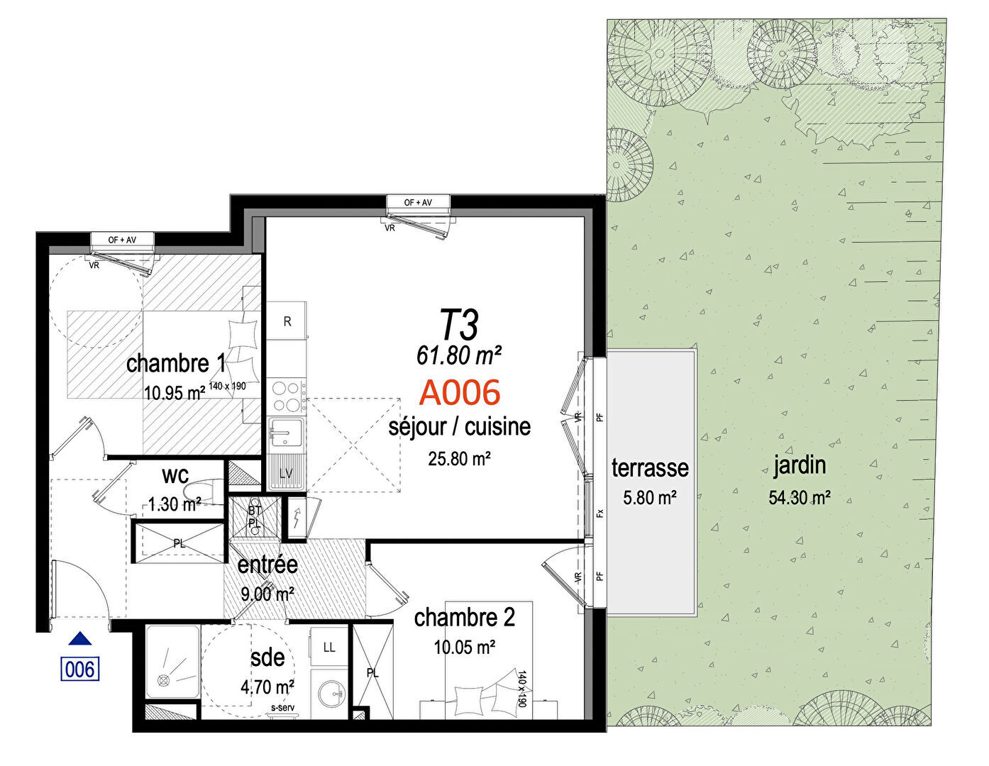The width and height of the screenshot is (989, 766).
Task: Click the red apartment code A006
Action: point(459,392)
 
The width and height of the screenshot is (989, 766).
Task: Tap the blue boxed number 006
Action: point(79,669)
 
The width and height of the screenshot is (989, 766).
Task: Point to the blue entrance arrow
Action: point(80,638)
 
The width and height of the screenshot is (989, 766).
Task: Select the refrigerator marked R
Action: point(287,321)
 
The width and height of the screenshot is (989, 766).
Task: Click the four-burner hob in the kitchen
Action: point(287,396)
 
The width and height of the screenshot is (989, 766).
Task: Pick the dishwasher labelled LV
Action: point(287,473)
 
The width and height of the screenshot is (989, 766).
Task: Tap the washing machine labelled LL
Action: point(328,648)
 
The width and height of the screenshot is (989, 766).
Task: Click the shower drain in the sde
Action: point(163,680)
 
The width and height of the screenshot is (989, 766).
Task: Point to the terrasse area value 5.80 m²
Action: point(649,498)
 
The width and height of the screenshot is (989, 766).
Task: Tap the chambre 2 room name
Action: point(464,617)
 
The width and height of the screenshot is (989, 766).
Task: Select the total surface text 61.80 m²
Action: point(459,355)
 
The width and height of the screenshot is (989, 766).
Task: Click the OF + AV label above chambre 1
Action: point(122,239)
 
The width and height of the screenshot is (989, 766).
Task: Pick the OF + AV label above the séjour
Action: point(418,202)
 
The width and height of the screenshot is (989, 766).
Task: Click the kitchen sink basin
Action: point(285,433)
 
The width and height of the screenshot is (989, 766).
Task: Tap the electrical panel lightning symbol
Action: point(297,518)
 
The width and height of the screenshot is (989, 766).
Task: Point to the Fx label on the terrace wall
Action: point(600,514)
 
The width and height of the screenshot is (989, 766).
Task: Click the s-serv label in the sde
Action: point(282,707)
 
